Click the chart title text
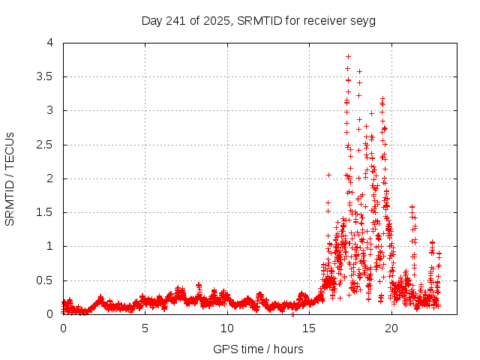[259, 20]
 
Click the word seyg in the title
[363, 21]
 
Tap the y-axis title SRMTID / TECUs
[10, 178]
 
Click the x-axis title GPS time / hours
[258, 349]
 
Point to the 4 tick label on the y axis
[50, 43]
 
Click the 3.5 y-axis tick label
[46, 76]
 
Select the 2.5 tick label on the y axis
[46, 145]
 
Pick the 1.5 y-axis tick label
[46, 212]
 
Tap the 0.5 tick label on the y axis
[46, 280]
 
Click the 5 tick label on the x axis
[145, 328]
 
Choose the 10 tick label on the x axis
[227, 328]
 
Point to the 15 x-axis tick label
[309, 328]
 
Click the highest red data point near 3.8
[348, 56]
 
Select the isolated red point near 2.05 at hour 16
[328, 175]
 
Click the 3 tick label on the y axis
[50, 110]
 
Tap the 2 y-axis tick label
[50, 178]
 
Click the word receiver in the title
[326, 20]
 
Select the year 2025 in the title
[217, 20]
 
